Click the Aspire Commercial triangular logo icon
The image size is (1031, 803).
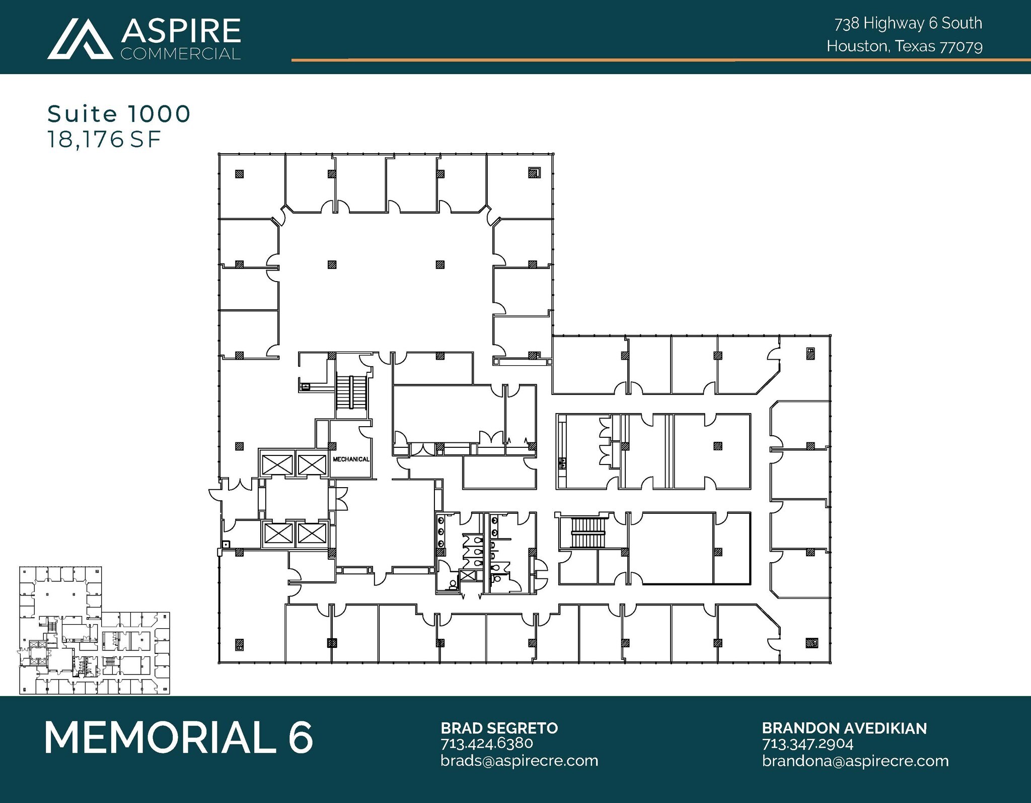[81, 39]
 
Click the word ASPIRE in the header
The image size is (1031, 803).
[181, 31]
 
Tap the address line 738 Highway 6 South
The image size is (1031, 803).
[908, 23]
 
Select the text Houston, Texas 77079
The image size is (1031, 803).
[904, 46]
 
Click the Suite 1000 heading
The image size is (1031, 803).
[119, 114]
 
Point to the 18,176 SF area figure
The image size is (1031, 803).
[104, 140]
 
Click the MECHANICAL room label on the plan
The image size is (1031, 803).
[351, 459]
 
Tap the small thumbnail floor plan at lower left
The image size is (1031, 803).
[95, 630]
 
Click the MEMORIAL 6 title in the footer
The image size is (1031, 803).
[179, 738]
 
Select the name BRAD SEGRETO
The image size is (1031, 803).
[499, 728]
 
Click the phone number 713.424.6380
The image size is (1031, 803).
[486, 744]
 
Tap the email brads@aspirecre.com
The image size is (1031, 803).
[519, 760]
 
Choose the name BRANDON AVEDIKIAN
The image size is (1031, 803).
[844, 728]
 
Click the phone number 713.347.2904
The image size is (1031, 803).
[807, 744]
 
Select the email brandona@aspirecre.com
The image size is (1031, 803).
[855, 760]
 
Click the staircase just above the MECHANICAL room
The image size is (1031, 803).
[346, 392]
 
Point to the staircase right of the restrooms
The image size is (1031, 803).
[588, 532]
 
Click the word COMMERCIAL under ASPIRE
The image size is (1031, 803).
[181, 53]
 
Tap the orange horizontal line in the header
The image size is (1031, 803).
[654, 60]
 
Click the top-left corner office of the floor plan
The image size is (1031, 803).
[252, 185]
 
